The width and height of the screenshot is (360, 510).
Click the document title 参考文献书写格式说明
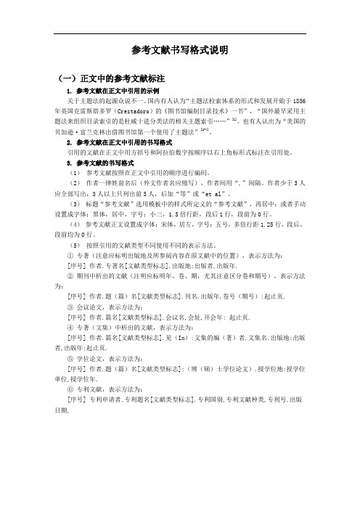click(x=180, y=50)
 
